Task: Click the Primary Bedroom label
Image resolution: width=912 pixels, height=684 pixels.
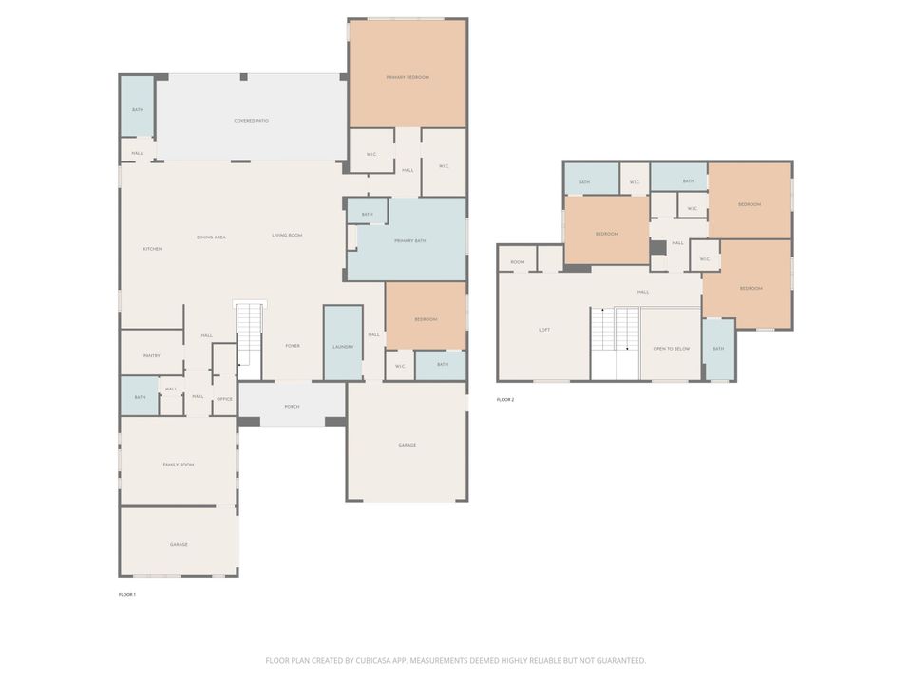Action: pos(408,77)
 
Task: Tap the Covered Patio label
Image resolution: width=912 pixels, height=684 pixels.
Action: pos(252,121)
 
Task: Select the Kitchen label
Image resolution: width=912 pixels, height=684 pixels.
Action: pos(152,249)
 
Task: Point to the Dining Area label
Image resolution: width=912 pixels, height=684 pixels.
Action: pos(211,237)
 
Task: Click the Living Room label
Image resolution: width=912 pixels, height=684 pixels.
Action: pos(287,235)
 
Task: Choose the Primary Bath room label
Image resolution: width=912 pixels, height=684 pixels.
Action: pos(410,241)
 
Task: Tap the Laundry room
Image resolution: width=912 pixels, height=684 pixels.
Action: pos(343,347)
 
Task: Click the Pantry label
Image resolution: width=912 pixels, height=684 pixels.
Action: pos(151,355)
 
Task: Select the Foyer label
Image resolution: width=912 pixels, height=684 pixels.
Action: pos(293,346)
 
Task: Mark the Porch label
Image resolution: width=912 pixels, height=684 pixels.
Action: pos(292,407)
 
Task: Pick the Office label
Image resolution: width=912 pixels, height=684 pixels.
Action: pos(224,399)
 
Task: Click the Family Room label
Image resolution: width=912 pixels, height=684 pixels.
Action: pos(178,465)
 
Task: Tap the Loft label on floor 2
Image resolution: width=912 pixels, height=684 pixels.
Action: pos(544,330)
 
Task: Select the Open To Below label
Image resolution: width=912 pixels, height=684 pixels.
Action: pos(671,349)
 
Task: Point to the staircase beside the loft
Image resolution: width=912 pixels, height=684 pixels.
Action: pos(614,342)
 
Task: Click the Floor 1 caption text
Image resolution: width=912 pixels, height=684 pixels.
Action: pos(127,594)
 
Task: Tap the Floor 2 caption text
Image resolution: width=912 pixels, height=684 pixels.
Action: pos(505,400)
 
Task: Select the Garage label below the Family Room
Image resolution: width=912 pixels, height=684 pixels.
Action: pos(179,544)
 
